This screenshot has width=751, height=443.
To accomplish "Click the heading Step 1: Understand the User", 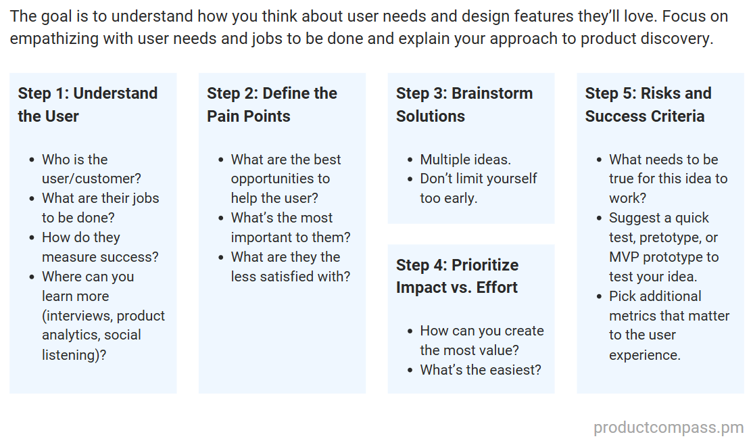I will (x=87, y=104).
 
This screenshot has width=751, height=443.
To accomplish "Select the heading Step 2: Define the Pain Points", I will (x=272, y=104).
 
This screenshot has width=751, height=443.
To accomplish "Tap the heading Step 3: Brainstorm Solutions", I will (x=464, y=104).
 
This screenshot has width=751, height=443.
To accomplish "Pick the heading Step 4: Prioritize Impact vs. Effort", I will (x=457, y=276).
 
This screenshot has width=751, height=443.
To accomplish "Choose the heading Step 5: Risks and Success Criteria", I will (x=648, y=104).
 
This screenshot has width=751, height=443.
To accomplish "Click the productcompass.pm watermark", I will (x=668, y=427).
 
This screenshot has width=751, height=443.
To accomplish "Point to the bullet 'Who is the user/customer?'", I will (x=91, y=169).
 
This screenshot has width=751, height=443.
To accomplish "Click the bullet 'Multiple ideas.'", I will (x=465, y=160).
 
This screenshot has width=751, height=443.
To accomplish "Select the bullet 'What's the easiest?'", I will (x=480, y=370).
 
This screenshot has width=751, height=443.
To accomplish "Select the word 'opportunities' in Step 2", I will (x=280, y=179).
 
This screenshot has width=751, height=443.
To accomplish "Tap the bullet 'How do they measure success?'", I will (x=100, y=248).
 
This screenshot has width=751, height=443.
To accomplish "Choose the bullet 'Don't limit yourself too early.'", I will (x=478, y=189).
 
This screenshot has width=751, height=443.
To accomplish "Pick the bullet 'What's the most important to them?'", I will (x=290, y=228).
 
